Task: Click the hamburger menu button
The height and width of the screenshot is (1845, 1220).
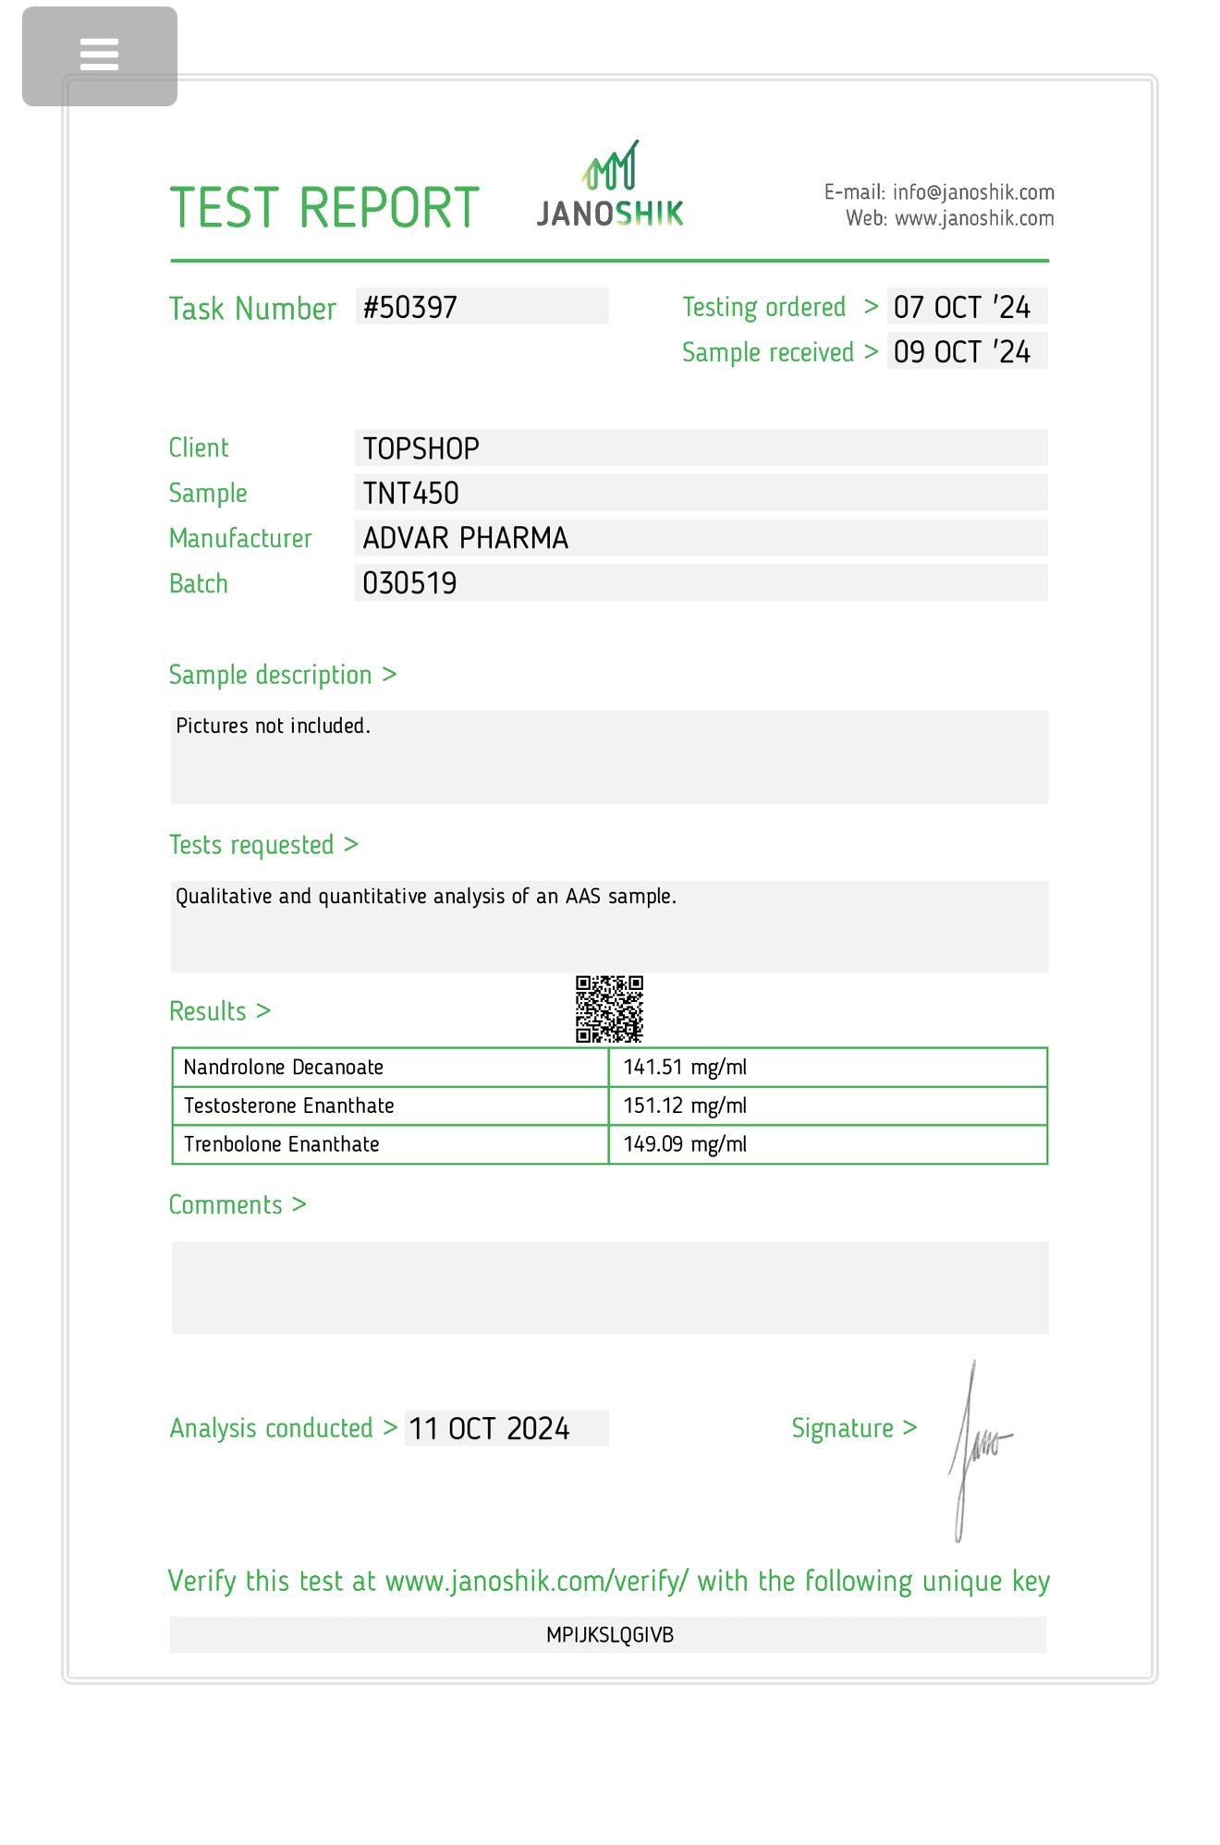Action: pyautogui.click(x=99, y=55)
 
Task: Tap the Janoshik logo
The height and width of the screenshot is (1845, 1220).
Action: pyautogui.click(x=610, y=186)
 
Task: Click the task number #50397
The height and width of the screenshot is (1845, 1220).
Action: pyautogui.click(x=410, y=307)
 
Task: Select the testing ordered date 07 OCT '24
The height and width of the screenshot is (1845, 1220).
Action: pyautogui.click(x=961, y=307)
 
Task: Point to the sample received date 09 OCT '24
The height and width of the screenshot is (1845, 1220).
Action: pyautogui.click(x=961, y=352)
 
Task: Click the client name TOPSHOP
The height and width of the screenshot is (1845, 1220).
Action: pyautogui.click(x=421, y=448)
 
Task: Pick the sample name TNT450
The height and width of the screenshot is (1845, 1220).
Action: pyautogui.click(x=411, y=494)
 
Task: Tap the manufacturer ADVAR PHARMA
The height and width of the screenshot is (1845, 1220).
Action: pyautogui.click(x=465, y=538)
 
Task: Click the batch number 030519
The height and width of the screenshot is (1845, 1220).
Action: pyautogui.click(x=409, y=583)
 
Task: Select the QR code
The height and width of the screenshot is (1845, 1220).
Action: pyautogui.click(x=609, y=1008)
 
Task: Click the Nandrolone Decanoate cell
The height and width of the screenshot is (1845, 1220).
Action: pyautogui.click(x=284, y=1068)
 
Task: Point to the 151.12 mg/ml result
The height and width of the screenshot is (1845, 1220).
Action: pyautogui.click(x=685, y=1106)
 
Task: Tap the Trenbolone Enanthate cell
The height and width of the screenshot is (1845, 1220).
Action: pyautogui.click(x=282, y=1144)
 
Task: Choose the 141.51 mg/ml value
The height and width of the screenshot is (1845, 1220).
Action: pyautogui.click(x=685, y=1068)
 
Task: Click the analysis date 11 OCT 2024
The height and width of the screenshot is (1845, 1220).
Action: pyautogui.click(x=489, y=1429)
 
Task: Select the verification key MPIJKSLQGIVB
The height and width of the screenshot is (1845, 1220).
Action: pyautogui.click(x=609, y=1635)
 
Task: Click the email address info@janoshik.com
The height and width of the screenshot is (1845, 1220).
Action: pyautogui.click(x=973, y=192)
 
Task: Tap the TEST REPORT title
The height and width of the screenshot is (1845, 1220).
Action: pyautogui.click(x=324, y=208)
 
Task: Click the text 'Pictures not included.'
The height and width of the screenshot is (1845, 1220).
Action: pyautogui.click(x=273, y=727)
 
